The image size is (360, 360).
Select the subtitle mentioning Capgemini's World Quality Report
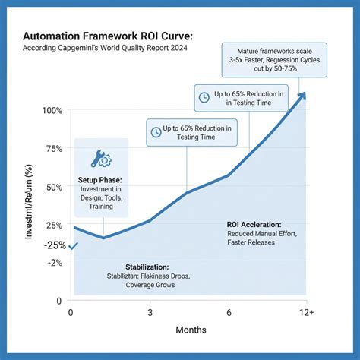pos(104,49)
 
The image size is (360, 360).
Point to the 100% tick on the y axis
pos(52,111)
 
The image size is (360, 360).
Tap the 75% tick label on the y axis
pos(55,149)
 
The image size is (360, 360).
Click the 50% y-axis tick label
pos(55,187)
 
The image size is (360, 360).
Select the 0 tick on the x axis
pos(71,312)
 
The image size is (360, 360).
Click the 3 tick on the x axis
pos(150,312)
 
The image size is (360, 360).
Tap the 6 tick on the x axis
pos(229,312)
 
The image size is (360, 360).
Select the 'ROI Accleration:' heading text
pos(254,225)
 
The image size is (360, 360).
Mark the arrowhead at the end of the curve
pos(302,96)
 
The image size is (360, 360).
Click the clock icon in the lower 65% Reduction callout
pos(156,131)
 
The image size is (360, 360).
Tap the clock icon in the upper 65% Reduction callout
pos(204,97)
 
